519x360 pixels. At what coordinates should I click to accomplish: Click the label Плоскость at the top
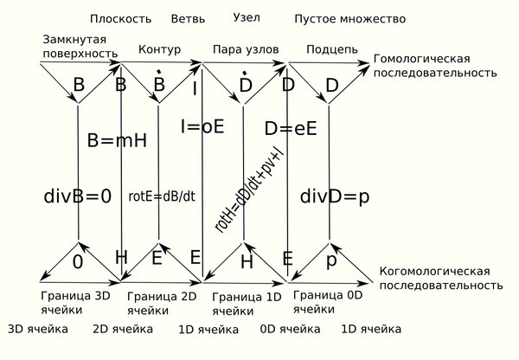click(x=120, y=18)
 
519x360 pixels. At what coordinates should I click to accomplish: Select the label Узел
click(x=247, y=17)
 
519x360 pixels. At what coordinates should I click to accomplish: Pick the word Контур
click(x=159, y=49)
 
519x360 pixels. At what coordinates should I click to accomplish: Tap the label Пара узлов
click(x=246, y=49)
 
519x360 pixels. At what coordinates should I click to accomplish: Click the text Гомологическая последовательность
click(x=434, y=66)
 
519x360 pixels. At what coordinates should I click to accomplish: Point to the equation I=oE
click(x=202, y=126)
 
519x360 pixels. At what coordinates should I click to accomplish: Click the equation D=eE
click(x=291, y=128)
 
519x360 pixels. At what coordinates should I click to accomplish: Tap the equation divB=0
click(x=78, y=196)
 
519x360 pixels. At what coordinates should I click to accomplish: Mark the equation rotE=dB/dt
click(x=162, y=196)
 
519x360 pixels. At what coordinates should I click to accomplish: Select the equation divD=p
click(x=335, y=196)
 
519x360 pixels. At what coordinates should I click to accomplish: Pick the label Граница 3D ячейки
click(x=75, y=300)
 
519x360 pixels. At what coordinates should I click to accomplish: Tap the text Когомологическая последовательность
click(x=440, y=278)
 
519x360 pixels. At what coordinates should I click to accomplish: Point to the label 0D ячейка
click(x=290, y=330)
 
